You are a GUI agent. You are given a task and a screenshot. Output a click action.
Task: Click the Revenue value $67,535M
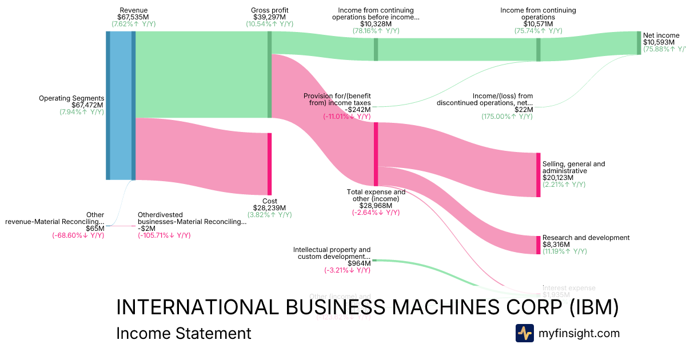point(132,17)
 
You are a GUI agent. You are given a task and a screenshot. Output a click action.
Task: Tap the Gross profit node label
point(269,10)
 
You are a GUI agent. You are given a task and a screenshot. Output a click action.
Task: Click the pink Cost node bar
point(269,164)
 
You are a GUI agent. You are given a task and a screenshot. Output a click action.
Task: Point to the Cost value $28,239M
point(269,208)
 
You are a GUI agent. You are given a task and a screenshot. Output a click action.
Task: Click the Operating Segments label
point(71,98)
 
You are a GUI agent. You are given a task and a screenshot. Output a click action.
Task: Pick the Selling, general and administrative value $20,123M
point(558,178)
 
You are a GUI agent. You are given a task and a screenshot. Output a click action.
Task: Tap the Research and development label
point(585,238)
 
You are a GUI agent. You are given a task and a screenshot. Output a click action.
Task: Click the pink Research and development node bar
point(538,245)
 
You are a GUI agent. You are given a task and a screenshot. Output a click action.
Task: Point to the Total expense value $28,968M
point(376,205)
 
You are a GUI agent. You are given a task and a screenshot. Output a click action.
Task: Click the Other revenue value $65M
point(95,229)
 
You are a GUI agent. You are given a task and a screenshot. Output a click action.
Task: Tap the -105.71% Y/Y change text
point(164,235)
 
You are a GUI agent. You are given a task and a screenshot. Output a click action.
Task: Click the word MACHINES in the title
point(440,307)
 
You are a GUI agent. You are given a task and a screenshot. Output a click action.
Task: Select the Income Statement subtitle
point(184,333)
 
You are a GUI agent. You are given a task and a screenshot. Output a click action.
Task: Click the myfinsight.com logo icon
point(524,333)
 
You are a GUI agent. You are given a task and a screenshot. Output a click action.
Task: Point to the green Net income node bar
point(639,43)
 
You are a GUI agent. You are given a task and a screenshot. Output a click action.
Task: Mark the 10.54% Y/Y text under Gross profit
point(269,24)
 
